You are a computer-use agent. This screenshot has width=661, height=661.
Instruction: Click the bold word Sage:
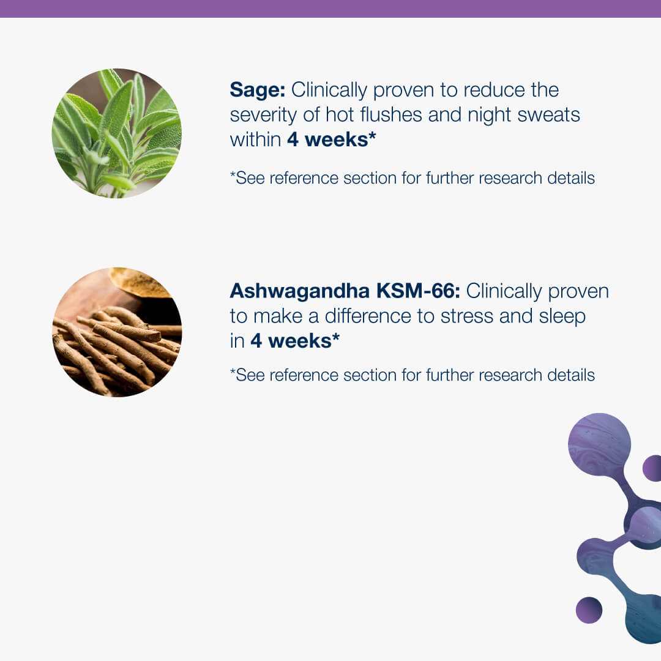point(258,90)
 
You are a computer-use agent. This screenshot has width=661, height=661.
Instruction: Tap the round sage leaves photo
point(117,133)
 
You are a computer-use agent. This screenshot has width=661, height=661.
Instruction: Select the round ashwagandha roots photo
point(117,332)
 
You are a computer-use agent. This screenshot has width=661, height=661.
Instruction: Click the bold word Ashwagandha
point(300,291)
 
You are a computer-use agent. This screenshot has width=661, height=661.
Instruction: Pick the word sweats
point(548,115)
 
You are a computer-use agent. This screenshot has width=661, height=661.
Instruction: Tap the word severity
point(263,115)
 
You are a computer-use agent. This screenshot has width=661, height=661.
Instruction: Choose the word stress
point(466,316)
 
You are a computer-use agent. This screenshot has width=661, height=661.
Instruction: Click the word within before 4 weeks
point(255,139)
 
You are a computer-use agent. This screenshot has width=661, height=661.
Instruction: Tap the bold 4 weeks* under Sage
point(331,140)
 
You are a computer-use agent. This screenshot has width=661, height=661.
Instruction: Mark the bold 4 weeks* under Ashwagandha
point(295,341)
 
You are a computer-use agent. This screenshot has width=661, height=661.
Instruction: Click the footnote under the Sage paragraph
point(413,178)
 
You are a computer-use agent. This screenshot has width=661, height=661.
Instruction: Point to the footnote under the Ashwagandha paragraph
point(413,375)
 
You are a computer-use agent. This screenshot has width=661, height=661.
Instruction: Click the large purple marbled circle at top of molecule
point(599,444)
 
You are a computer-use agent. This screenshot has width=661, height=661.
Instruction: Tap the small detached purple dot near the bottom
point(589,610)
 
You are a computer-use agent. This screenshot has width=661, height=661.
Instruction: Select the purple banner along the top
point(330,9)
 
